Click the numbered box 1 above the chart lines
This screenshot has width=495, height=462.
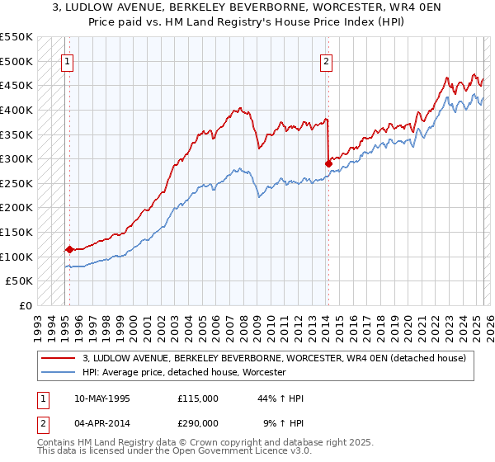(x=67, y=60)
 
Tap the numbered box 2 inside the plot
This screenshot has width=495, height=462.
(x=326, y=60)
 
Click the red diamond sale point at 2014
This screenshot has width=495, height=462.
(x=328, y=163)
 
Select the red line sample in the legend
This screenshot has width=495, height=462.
(x=59, y=358)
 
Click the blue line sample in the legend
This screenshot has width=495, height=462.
(x=59, y=373)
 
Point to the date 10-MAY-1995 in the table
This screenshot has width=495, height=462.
(x=101, y=398)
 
